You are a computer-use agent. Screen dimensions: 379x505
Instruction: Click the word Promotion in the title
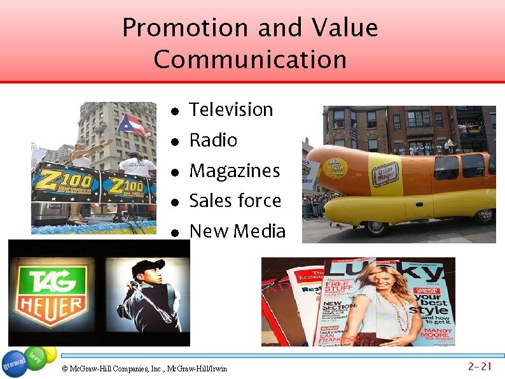[184, 28]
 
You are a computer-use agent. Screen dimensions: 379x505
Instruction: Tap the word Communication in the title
[250, 60]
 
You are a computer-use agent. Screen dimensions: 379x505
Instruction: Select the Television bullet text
[231, 110]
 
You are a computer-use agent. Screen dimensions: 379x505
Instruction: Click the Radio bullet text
[213, 140]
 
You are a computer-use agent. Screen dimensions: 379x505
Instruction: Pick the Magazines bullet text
[234, 171]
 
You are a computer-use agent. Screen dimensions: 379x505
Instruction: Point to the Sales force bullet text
[235, 201]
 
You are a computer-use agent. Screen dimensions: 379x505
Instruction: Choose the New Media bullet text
[237, 231]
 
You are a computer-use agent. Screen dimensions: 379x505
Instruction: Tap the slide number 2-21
[480, 366]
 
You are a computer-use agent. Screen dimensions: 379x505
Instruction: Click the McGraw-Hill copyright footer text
[144, 368]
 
